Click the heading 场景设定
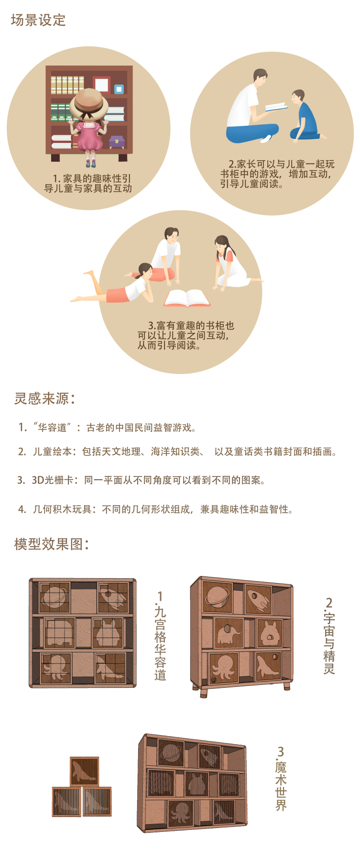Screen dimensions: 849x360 (x=38, y=20)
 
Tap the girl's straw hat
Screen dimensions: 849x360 (x=89, y=103)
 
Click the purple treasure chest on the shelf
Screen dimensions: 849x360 (x=117, y=141)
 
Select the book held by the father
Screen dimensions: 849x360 (x=276, y=107)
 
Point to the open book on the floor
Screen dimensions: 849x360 (x=187, y=298)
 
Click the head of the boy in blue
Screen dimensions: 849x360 (x=298, y=97)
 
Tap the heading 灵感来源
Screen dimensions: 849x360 (x=44, y=398)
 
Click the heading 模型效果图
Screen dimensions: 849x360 (x=51, y=544)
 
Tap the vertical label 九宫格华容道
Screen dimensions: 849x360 (x=160, y=636)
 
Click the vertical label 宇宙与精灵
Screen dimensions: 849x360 (x=329, y=636)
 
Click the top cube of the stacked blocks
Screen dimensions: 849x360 (x=85, y=771)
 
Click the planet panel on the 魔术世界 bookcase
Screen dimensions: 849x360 (x=171, y=752)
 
